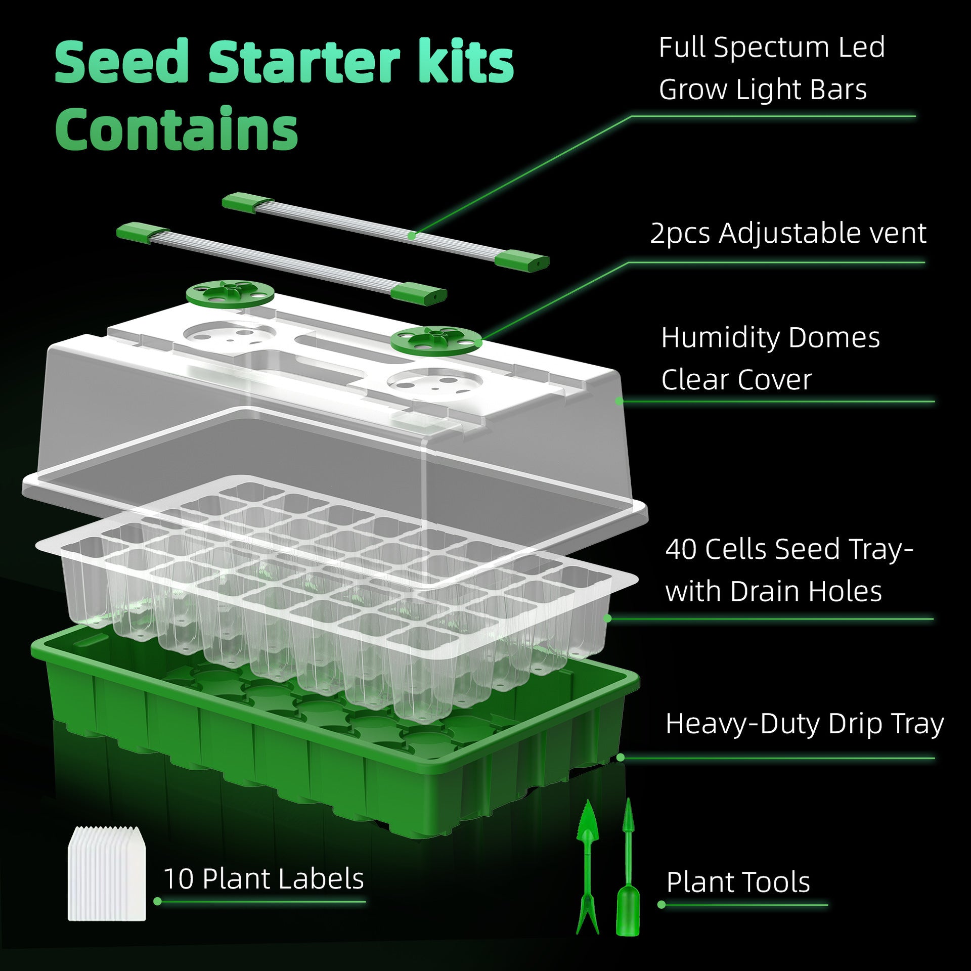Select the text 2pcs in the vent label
(x=680, y=234)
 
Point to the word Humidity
(x=721, y=338)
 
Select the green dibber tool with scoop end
(x=628, y=870)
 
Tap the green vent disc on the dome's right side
(x=435, y=339)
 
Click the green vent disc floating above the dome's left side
(x=230, y=294)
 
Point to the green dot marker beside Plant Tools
(x=661, y=904)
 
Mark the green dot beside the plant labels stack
(x=157, y=901)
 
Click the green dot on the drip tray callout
(x=621, y=757)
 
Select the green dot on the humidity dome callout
(x=619, y=401)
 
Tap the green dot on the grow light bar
(x=412, y=236)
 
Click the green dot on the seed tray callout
(x=607, y=618)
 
